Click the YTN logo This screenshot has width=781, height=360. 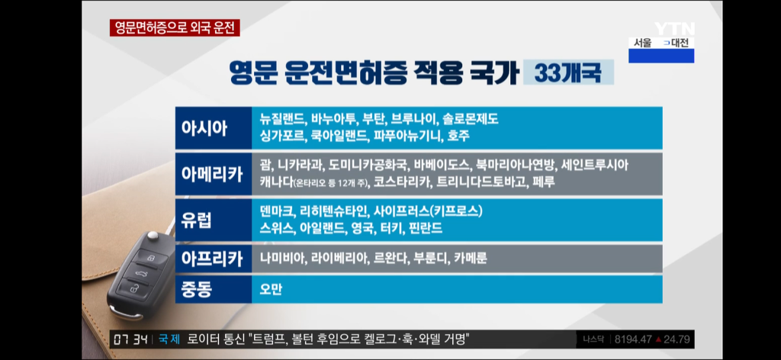674,29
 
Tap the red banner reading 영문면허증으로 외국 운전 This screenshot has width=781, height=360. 175,28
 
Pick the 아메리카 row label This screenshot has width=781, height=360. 214,174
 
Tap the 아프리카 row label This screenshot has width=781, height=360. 214,259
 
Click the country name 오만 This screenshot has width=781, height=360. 271,289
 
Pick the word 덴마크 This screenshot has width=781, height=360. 276,211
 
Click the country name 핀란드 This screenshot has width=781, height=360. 426,228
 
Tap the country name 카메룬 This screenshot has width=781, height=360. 470,259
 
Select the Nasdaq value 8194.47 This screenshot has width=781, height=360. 633,339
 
